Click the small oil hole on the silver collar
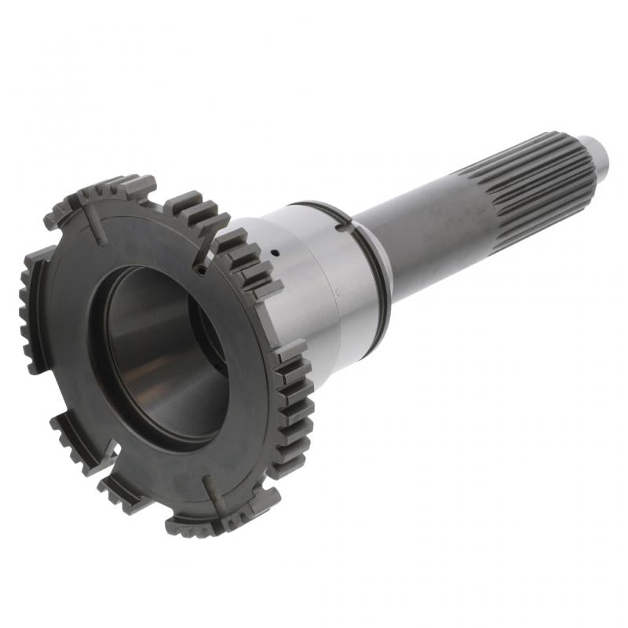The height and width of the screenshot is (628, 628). pyautogui.click(x=276, y=253)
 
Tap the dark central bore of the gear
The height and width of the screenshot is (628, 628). pyautogui.click(x=161, y=345)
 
